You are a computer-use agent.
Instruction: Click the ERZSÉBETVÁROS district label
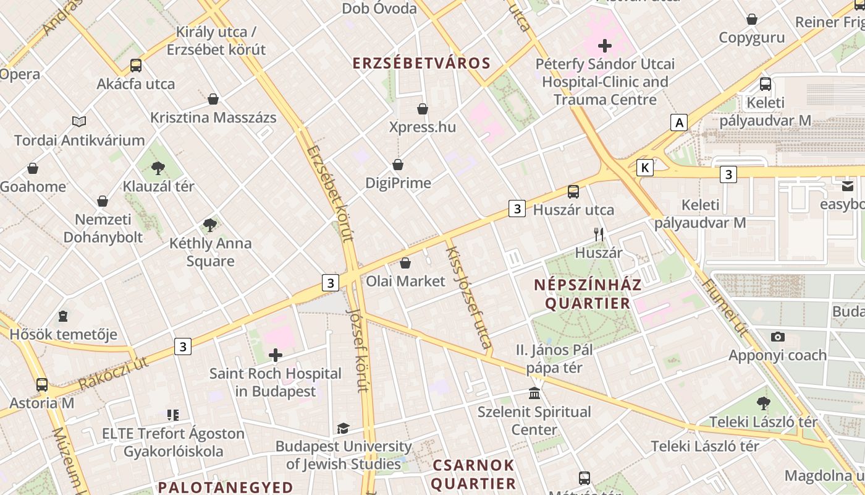pos(421,63)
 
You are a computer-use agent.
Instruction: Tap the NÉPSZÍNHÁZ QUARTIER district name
pos(588,294)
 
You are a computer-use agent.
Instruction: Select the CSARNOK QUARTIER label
pos(473,474)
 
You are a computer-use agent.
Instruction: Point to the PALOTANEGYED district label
pos(226,487)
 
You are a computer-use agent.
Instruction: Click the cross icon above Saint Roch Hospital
pos(276,355)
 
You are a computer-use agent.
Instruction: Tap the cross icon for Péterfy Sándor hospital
pos(604,46)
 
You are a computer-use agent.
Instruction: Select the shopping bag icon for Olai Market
pos(405,263)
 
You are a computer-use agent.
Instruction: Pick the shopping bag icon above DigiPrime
pos(398,165)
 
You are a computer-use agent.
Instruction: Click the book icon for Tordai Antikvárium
pos(79,121)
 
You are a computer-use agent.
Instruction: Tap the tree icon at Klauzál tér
pos(158,168)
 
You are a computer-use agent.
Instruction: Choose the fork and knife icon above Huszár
pos(598,235)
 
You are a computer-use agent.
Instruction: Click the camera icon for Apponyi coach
pos(777,337)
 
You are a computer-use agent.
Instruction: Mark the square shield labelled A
pos(680,123)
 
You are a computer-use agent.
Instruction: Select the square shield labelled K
pos(645,167)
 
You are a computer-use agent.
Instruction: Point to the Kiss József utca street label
pos(469,297)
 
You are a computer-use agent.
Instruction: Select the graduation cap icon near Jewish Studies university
pos(343,428)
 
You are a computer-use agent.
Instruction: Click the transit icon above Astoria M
pos(42,385)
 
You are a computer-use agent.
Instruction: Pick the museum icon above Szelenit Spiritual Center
pos(534,394)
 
